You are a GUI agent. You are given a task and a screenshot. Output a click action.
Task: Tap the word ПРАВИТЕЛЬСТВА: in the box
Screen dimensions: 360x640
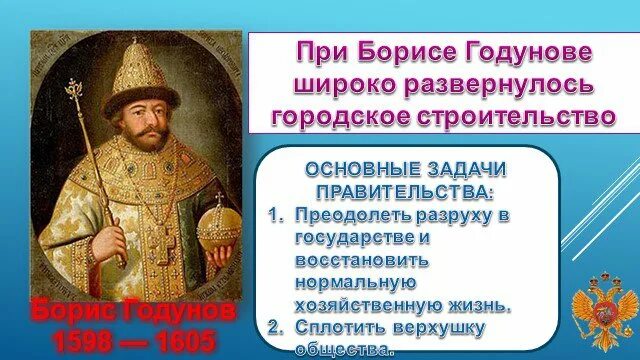click(x=406, y=187)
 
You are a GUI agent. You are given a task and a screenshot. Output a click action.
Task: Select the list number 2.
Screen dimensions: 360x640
click(x=274, y=325)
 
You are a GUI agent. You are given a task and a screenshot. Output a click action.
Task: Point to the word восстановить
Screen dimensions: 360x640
click(x=362, y=258)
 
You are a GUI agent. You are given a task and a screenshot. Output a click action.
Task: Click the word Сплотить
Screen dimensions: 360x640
click(x=337, y=325)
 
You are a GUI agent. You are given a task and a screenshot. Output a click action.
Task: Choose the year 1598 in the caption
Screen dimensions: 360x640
click(x=68, y=341)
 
